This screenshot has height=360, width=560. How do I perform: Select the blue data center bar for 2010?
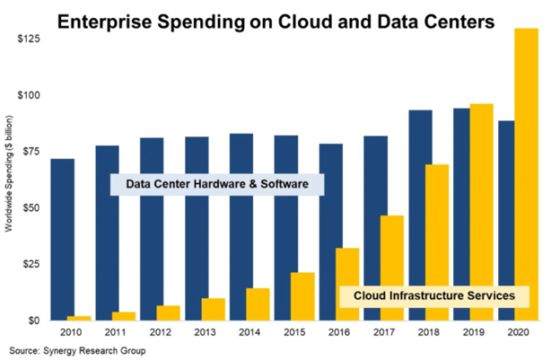[63, 239]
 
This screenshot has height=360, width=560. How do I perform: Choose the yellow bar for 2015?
[302, 296]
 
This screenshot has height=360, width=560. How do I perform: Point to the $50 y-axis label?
[31, 207]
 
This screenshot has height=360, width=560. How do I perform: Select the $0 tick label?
[35, 320]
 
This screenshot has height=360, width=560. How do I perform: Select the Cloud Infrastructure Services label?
[433, 294]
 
